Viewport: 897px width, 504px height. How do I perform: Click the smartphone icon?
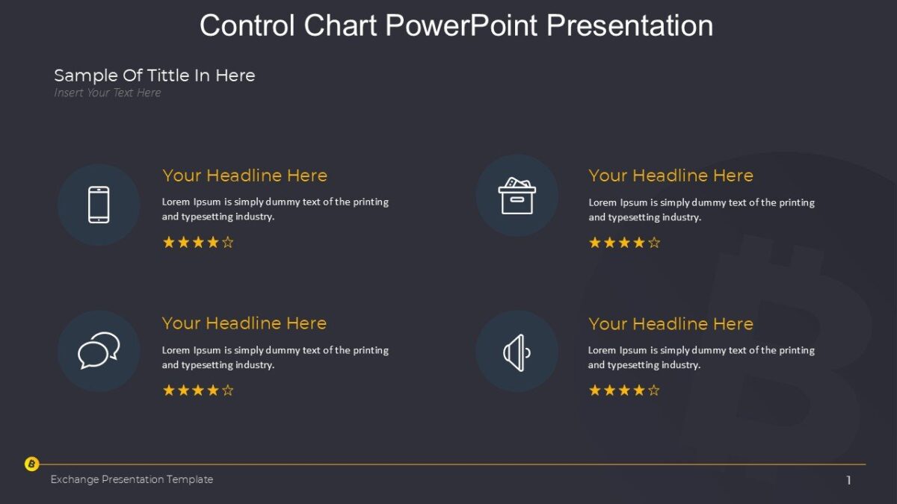pyautogui.click(x=99, y=205)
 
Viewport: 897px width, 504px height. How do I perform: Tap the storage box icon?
pyautogui.click(x=517, y=196)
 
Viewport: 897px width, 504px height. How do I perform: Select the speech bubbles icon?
pyautogui.click(x=99, y=350)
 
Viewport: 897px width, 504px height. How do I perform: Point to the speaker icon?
pyautogui.click(x=517, y=352)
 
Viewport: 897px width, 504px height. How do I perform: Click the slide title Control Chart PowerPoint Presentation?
pyautogui.click(x=456, y=25)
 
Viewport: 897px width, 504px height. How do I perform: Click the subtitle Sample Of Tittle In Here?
pyautogui.click(x=155, y=75)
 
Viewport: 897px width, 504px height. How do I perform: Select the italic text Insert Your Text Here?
pyautogui.click(x=108, y=93)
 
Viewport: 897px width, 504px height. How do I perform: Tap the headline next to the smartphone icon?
pyautogui.click(x=244, y=175)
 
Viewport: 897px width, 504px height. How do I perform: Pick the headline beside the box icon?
pyautogui.click(x=671, y=175)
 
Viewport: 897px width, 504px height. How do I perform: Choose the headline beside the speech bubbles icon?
pyautogui.click(x=244, y=323)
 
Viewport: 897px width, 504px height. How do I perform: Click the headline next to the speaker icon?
pyautogui.click(x=671, y=323)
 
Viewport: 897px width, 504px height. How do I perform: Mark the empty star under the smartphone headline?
pyautogui.click(x=228, y=242)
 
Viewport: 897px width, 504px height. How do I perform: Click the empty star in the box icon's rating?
pyautogui.click(x=654, y=242)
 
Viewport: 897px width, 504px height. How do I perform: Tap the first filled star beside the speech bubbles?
pyautogui.click(x=169, y=390)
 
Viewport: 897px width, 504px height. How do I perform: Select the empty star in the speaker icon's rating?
pyautogui.click(x=654, y=390)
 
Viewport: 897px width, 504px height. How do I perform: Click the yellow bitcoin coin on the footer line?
pyautogui.click(x=31, y=464)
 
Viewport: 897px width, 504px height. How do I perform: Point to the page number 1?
pyautogui.click(x=848, y=481)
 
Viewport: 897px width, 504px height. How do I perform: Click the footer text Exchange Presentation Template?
pyautogui.click(x=132, y=479)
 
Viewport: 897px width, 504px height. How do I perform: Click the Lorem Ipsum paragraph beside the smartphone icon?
pyautogui.click(x=275, y=209)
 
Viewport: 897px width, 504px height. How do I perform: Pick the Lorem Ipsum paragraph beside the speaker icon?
pyautogui.click(x=701, y=357)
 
